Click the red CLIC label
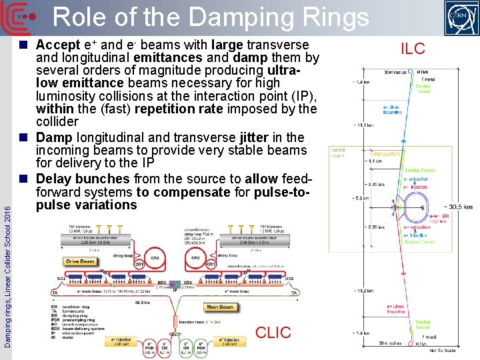273,331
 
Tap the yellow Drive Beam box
81,261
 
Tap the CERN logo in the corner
462,17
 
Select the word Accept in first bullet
58,45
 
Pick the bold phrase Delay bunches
83,179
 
